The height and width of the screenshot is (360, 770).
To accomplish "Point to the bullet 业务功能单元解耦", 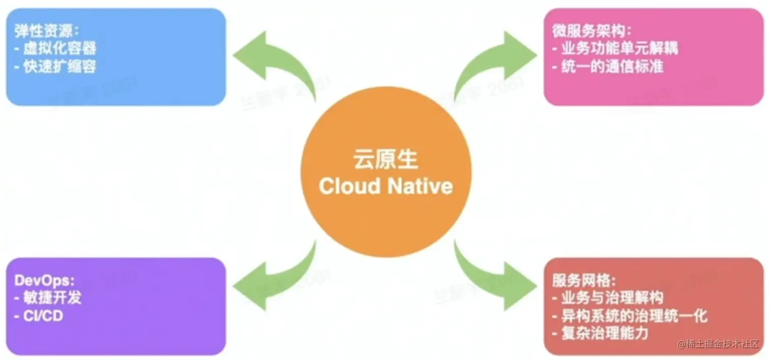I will pos(615,48).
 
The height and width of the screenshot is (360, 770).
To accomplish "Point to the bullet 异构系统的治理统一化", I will pos(630,316).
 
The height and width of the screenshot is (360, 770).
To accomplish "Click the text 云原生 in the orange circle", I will pos(386,159).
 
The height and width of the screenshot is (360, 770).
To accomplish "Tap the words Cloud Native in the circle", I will pos(386,186).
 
